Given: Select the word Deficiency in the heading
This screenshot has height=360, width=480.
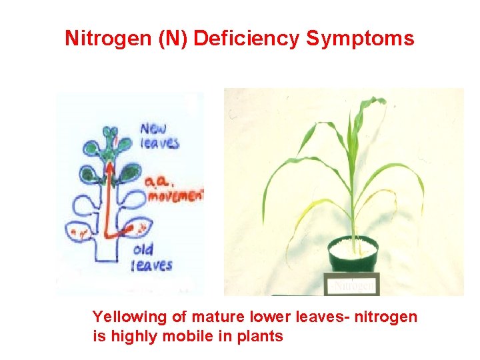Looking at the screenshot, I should (x=247, y=39).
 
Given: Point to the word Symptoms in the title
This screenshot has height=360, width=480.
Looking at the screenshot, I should (x=360, y=39).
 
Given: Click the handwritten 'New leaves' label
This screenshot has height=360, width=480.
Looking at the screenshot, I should (x=159, y=135).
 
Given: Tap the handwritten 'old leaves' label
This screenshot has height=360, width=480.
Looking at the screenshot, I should (x=152, y=257).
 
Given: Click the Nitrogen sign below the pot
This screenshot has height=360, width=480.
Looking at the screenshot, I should (x=353, y=285).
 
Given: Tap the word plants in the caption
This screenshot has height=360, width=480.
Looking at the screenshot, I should (x=259, y=336).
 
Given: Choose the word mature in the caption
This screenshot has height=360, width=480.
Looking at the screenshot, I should (x=210, y=317).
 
